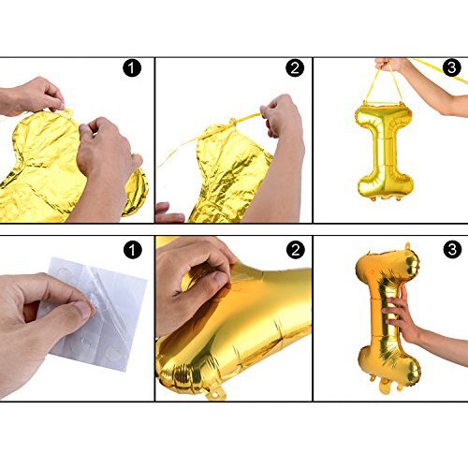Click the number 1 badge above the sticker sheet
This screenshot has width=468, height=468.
(132, 250)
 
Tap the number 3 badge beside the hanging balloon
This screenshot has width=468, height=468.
(452, 67)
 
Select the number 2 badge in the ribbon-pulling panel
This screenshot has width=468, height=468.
(295, 68)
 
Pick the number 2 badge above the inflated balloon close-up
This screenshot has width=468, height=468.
(295, 249)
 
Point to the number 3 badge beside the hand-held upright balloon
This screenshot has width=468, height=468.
(452, 249)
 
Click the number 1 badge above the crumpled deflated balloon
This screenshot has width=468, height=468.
(132, 68)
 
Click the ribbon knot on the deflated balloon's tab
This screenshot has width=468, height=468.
(232, 122)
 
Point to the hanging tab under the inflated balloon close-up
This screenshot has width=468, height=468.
(215, 394)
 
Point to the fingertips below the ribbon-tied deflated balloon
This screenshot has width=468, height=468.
(170, 212)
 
